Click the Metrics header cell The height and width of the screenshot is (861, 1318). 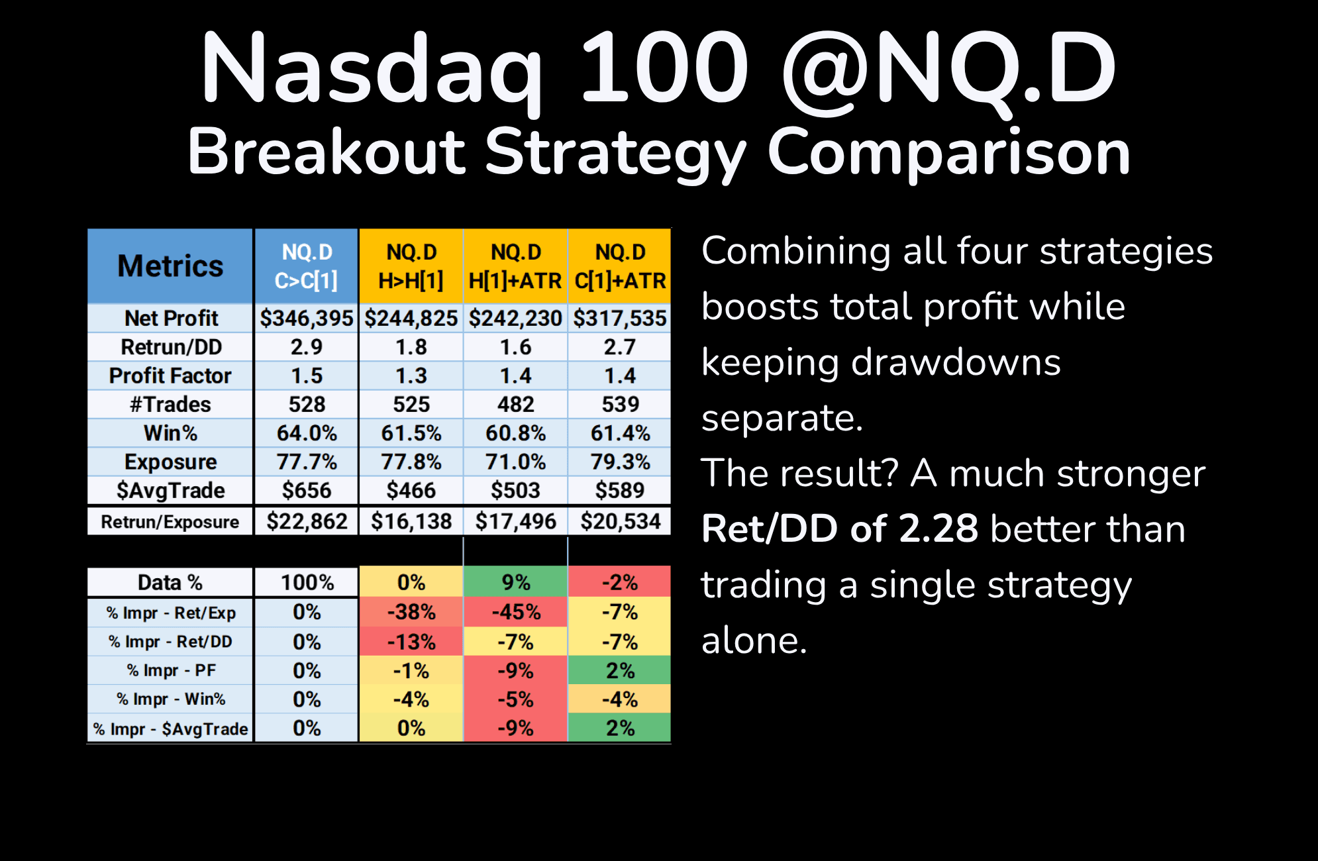[170, 266]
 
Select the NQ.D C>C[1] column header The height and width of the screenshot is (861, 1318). [307, 266]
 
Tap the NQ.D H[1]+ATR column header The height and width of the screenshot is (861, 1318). [515, 266]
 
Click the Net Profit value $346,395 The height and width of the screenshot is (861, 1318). [307, 318]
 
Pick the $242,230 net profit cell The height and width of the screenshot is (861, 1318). [515, 318]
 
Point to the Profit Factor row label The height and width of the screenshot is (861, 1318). [170, 376]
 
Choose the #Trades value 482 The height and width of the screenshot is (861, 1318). [515, 404]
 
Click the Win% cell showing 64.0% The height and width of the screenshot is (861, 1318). [307, 433]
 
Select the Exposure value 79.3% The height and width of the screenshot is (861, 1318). [620, 462]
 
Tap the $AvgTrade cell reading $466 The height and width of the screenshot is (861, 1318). [411, 490]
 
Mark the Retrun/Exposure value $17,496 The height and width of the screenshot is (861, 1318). [515, 521]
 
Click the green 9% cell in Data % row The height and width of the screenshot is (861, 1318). [515, 582]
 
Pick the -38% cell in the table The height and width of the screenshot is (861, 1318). [411, 612]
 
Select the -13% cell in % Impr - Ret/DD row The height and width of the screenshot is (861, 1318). [411, 642]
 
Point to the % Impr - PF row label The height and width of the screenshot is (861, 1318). [170, 670]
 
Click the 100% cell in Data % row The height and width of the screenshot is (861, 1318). [307, 582]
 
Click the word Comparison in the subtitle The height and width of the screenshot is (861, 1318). [948, 152]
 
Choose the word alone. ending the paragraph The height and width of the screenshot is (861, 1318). [754, 640]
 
